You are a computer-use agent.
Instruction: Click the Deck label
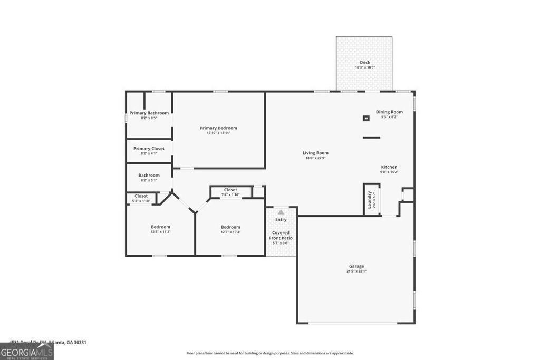(x=364, y=62)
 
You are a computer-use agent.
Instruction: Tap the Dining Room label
(x=389, y=112)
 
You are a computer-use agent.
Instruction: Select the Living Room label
(x=315, y=153)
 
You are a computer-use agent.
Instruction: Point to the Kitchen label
(x=389, y=167)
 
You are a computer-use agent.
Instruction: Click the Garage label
(x=356, y=266)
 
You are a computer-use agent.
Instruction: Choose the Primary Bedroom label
(x=218, y=128)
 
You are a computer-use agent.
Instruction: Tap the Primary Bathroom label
(x=149, y=113)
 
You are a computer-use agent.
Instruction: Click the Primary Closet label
(x=149, y=149)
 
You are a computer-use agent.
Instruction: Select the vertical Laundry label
(x=369, y=199)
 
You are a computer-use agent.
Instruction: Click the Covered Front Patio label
(x=281, y=235)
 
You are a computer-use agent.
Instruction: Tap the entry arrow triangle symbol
(x=281, y=212)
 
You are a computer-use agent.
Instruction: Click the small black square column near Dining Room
(x=365, y=118)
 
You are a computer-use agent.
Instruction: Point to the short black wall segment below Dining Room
(x=371, y=138)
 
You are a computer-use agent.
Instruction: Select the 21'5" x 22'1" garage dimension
(x=356, y=271)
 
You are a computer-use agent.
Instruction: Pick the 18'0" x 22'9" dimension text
(x=315, y=158)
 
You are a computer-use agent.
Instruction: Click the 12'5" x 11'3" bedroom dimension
(x=160, y=232)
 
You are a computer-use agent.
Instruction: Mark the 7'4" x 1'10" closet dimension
(x=230, y=195)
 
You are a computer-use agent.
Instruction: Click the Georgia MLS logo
(x=26, y=351)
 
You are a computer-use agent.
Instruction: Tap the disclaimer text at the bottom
(x=270, y=353)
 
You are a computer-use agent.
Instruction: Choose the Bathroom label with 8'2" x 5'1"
(x=149, y=176)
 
